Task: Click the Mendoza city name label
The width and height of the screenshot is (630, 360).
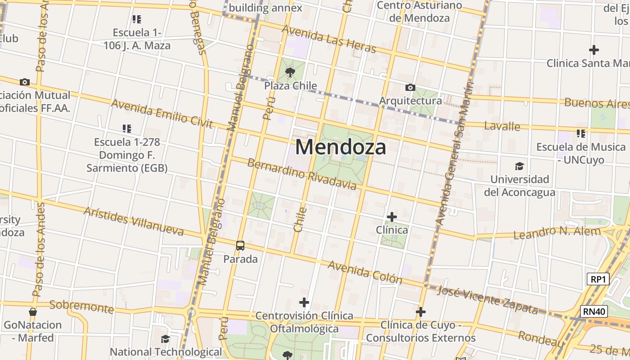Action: tap(341, 147)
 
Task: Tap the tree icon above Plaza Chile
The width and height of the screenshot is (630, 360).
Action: tap(290, 72)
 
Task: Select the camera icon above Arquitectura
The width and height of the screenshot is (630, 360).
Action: tap(410, 87)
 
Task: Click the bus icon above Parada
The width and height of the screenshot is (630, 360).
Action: tap(240, 246)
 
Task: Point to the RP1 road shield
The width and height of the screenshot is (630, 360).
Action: tap(598, 279)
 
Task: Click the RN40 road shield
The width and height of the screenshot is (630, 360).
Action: tap(594, 311)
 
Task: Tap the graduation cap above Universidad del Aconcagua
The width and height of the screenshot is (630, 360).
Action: tap(519, 166)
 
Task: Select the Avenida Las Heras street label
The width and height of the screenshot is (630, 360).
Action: tap(328, 39)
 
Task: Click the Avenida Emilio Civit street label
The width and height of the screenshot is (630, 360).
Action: tap(162, 114)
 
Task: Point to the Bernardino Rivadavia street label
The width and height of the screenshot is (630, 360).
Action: tap(301, 174)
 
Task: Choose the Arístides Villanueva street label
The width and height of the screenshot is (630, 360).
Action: tap(134, 221)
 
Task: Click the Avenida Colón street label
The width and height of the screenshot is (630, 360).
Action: tap(364, 272)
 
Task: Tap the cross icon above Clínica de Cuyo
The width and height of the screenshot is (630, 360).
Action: tap(421, 311)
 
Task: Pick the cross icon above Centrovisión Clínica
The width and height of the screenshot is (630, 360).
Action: tap(304, 302)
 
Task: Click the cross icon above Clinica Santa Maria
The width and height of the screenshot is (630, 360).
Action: tap(594, 49)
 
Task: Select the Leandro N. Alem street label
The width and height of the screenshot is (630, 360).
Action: tap(557, 233)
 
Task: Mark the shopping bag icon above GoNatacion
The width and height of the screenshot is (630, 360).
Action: tap(32, 311)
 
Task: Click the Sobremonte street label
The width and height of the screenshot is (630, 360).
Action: tap(81, 306)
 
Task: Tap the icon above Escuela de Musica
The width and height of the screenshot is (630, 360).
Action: tap(581, 134)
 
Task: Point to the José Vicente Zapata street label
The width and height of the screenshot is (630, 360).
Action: tap(487, 300)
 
